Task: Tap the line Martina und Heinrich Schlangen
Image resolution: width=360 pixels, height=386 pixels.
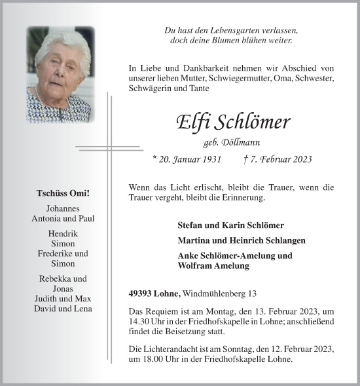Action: [241, 241]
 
